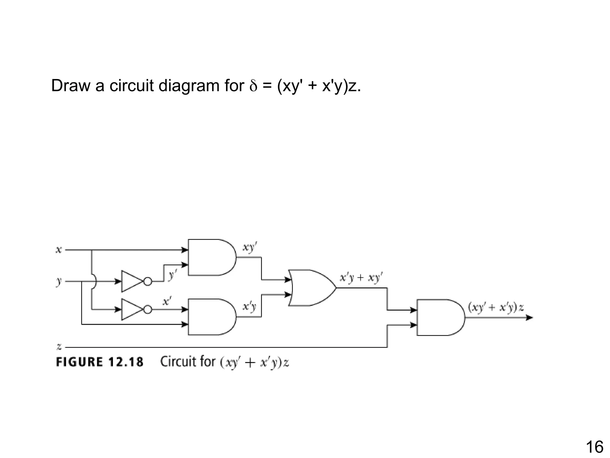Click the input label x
click(59, 250)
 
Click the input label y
click(59, 281)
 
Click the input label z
click(59, 347)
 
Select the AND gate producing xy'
click(210, 257)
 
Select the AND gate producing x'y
click(210, 317)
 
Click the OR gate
click(311, 288)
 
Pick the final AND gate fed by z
click(439, 318)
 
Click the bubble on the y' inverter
click(148, 281)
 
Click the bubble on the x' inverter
click(148, 310)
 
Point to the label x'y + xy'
click(361, 278)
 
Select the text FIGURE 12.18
click(100, 362)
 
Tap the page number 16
click(595, 447)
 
